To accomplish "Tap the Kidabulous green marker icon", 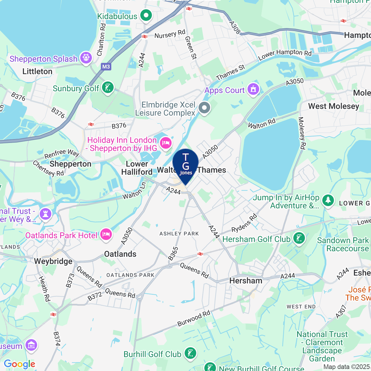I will tap(146, 16).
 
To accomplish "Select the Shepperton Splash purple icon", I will tap(86, 58).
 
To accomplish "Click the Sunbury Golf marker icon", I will tap(108, 88).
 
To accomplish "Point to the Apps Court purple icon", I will tap(253, 90).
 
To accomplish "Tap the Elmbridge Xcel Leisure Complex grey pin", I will tap(204, 108).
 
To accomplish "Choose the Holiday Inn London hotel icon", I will tap(166, 143).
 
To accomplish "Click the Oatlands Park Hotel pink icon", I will tap(106, 234).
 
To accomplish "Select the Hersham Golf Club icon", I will tap(299, 239).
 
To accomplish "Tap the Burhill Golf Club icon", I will tap(190, 353).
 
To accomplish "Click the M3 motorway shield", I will tap(106, 67).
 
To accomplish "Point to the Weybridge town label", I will tap(53, 261).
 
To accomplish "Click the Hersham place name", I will tap(246, 281).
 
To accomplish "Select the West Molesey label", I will tap(334, 106).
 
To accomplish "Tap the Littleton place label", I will tap(37, 71).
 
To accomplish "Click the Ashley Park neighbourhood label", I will tap(179, 234).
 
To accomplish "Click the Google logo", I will tap(19, 364).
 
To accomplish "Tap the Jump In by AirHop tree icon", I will tap(328, 200).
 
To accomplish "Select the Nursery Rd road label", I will tap(170, 34).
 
